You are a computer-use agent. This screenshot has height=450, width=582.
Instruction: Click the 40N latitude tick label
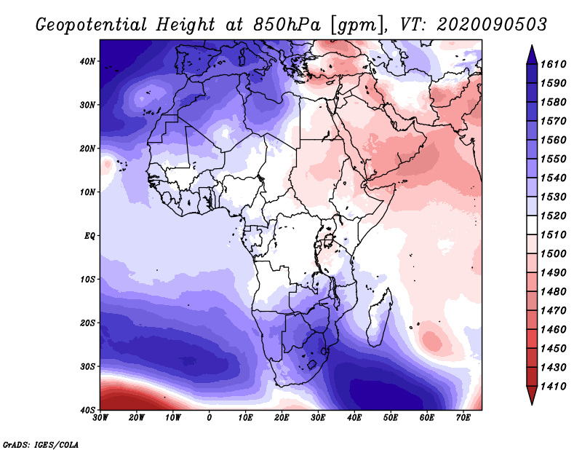pyautogui.click(x=87, y=61)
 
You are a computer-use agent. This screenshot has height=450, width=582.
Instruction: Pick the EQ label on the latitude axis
pyautogui.click(x=89, y=236)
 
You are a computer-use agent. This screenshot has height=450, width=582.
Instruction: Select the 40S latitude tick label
pyautogui.click(x=87, y=410)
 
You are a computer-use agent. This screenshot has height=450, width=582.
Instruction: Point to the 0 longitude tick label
pyautogui.click(x=210, y=418)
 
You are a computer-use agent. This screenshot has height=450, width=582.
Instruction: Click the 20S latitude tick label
pyautogui.click(x=87, y=323)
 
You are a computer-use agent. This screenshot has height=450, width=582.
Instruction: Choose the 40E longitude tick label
pyautogui.click(x=354, y=418)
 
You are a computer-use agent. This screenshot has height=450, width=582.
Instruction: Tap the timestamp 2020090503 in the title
pyautogui.click(x=492, y=25)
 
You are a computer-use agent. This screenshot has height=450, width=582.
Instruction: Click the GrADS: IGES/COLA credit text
pyautogui.click(x=41, y=443)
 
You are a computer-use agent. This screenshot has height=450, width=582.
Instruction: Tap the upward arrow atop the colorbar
pyautogui.click(x=532, y=52)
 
